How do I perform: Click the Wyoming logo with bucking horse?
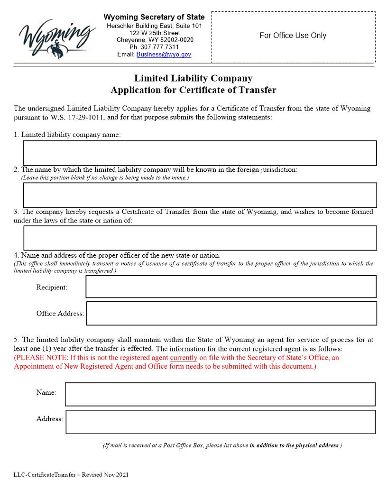pyautogui.click(x=55, y=36)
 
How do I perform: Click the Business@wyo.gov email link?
pyautogui.click(x=164, y=55)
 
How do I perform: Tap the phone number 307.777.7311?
pyautogui.click(x=154, y=47)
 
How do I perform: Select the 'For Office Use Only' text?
pyautogui.click(x=293, y=36)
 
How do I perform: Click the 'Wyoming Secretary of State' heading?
pyautogui.click(x=154, y=18)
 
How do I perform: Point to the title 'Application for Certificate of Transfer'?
pyautogui.click(x=193, y=90)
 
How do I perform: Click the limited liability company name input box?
pyautogui.click(x=200, y=153)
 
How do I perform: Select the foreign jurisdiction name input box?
pyautogui.click(x=200, y=195)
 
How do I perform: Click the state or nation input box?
pyautogui.click(x=200, y=238)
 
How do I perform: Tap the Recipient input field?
pyautogui.click(x=231, y=287)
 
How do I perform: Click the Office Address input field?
pyautogui.click(x=231, y=314)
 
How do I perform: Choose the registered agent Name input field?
pyautogui.click(x=220, y=394)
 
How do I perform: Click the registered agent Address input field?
pyautogui.click(x=221, y=422)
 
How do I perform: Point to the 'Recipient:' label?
pyautogui.click(x=52, y=288)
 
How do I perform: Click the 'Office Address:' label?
pyautogui.click(x=60, y=314)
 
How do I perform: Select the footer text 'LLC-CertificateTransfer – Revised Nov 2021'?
pyautogui.click(x=71, y=474)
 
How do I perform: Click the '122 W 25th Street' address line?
pyautogui.click(x=154, y=33)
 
